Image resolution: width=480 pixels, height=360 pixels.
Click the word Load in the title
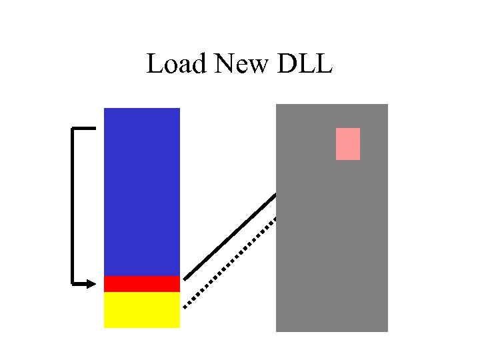tap(177, 64)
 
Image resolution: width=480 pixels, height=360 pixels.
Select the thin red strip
tap(142, 283)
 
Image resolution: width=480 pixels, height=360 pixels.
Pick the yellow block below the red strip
tap(142, 309)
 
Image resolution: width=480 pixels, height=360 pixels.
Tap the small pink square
tap(347, 144)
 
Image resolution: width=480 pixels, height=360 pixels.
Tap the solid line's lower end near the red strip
tap(185, 278)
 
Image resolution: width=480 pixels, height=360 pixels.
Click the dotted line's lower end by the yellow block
tap(185, 306)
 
